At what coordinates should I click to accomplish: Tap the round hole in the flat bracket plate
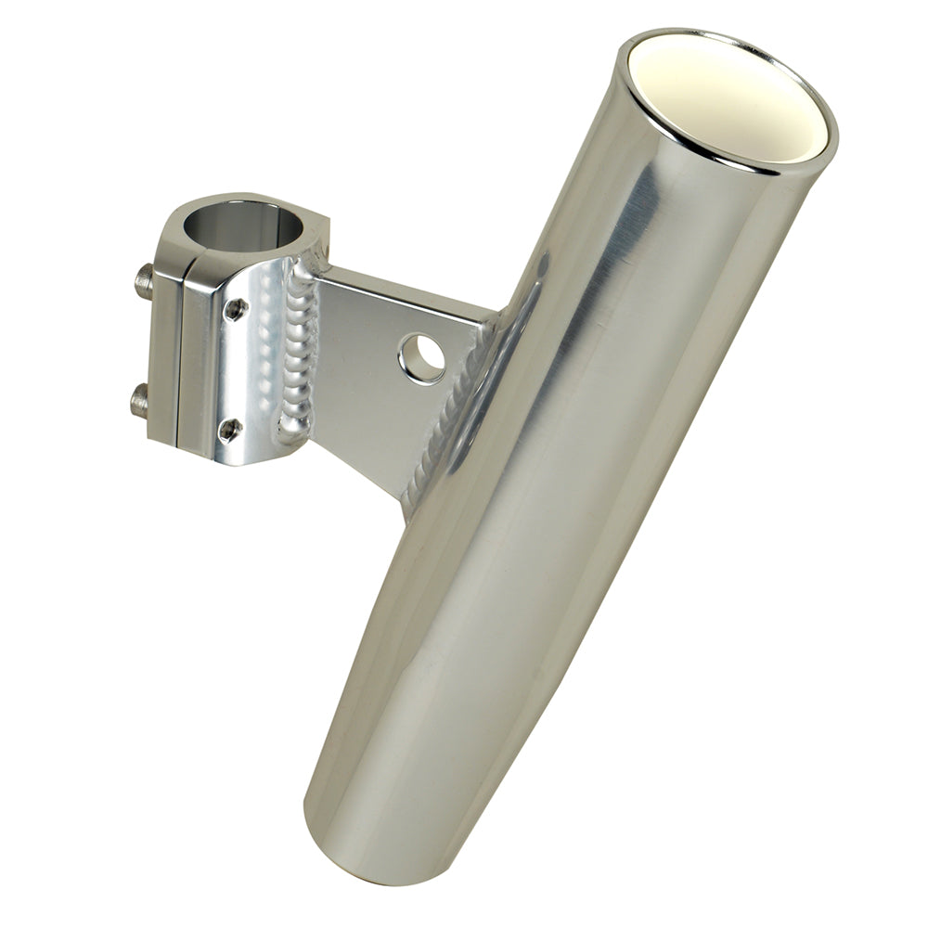[422, 358]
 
